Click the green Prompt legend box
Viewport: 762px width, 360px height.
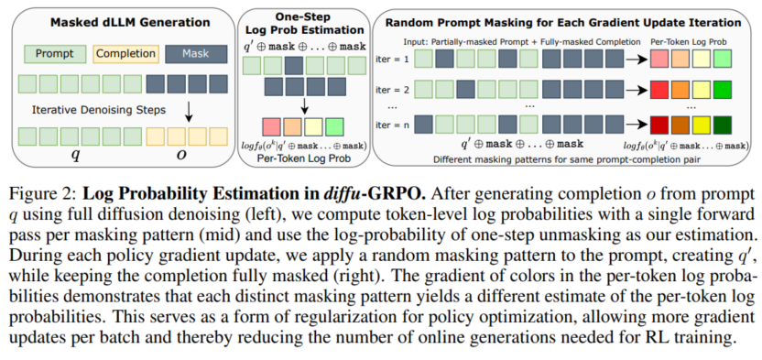tap(54, 54)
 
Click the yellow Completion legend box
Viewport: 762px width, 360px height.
tap(125, 54)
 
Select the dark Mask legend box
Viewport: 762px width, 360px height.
tap(196, 54)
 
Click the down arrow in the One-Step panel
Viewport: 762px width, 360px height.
tap(305, 104)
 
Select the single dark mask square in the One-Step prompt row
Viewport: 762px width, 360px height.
tap(293, 66)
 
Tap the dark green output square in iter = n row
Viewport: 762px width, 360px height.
tap(723, 125)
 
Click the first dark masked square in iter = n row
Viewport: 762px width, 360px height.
tap(423, 125)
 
